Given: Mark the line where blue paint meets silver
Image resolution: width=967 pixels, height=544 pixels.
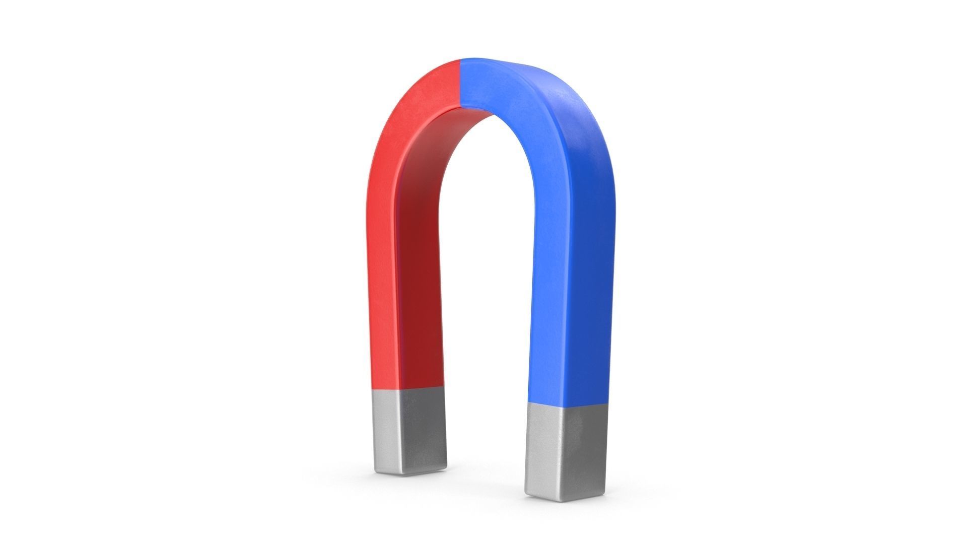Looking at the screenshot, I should click(567, 404).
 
